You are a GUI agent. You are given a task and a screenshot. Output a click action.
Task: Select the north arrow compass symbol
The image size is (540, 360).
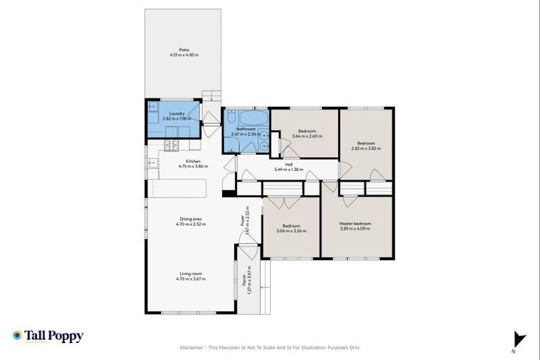click(x=519, y=339)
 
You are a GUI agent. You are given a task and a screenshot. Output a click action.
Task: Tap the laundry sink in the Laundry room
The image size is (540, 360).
click(x=153, y=108)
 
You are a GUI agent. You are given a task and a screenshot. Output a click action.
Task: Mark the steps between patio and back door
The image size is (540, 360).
click(x=210, y=97)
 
